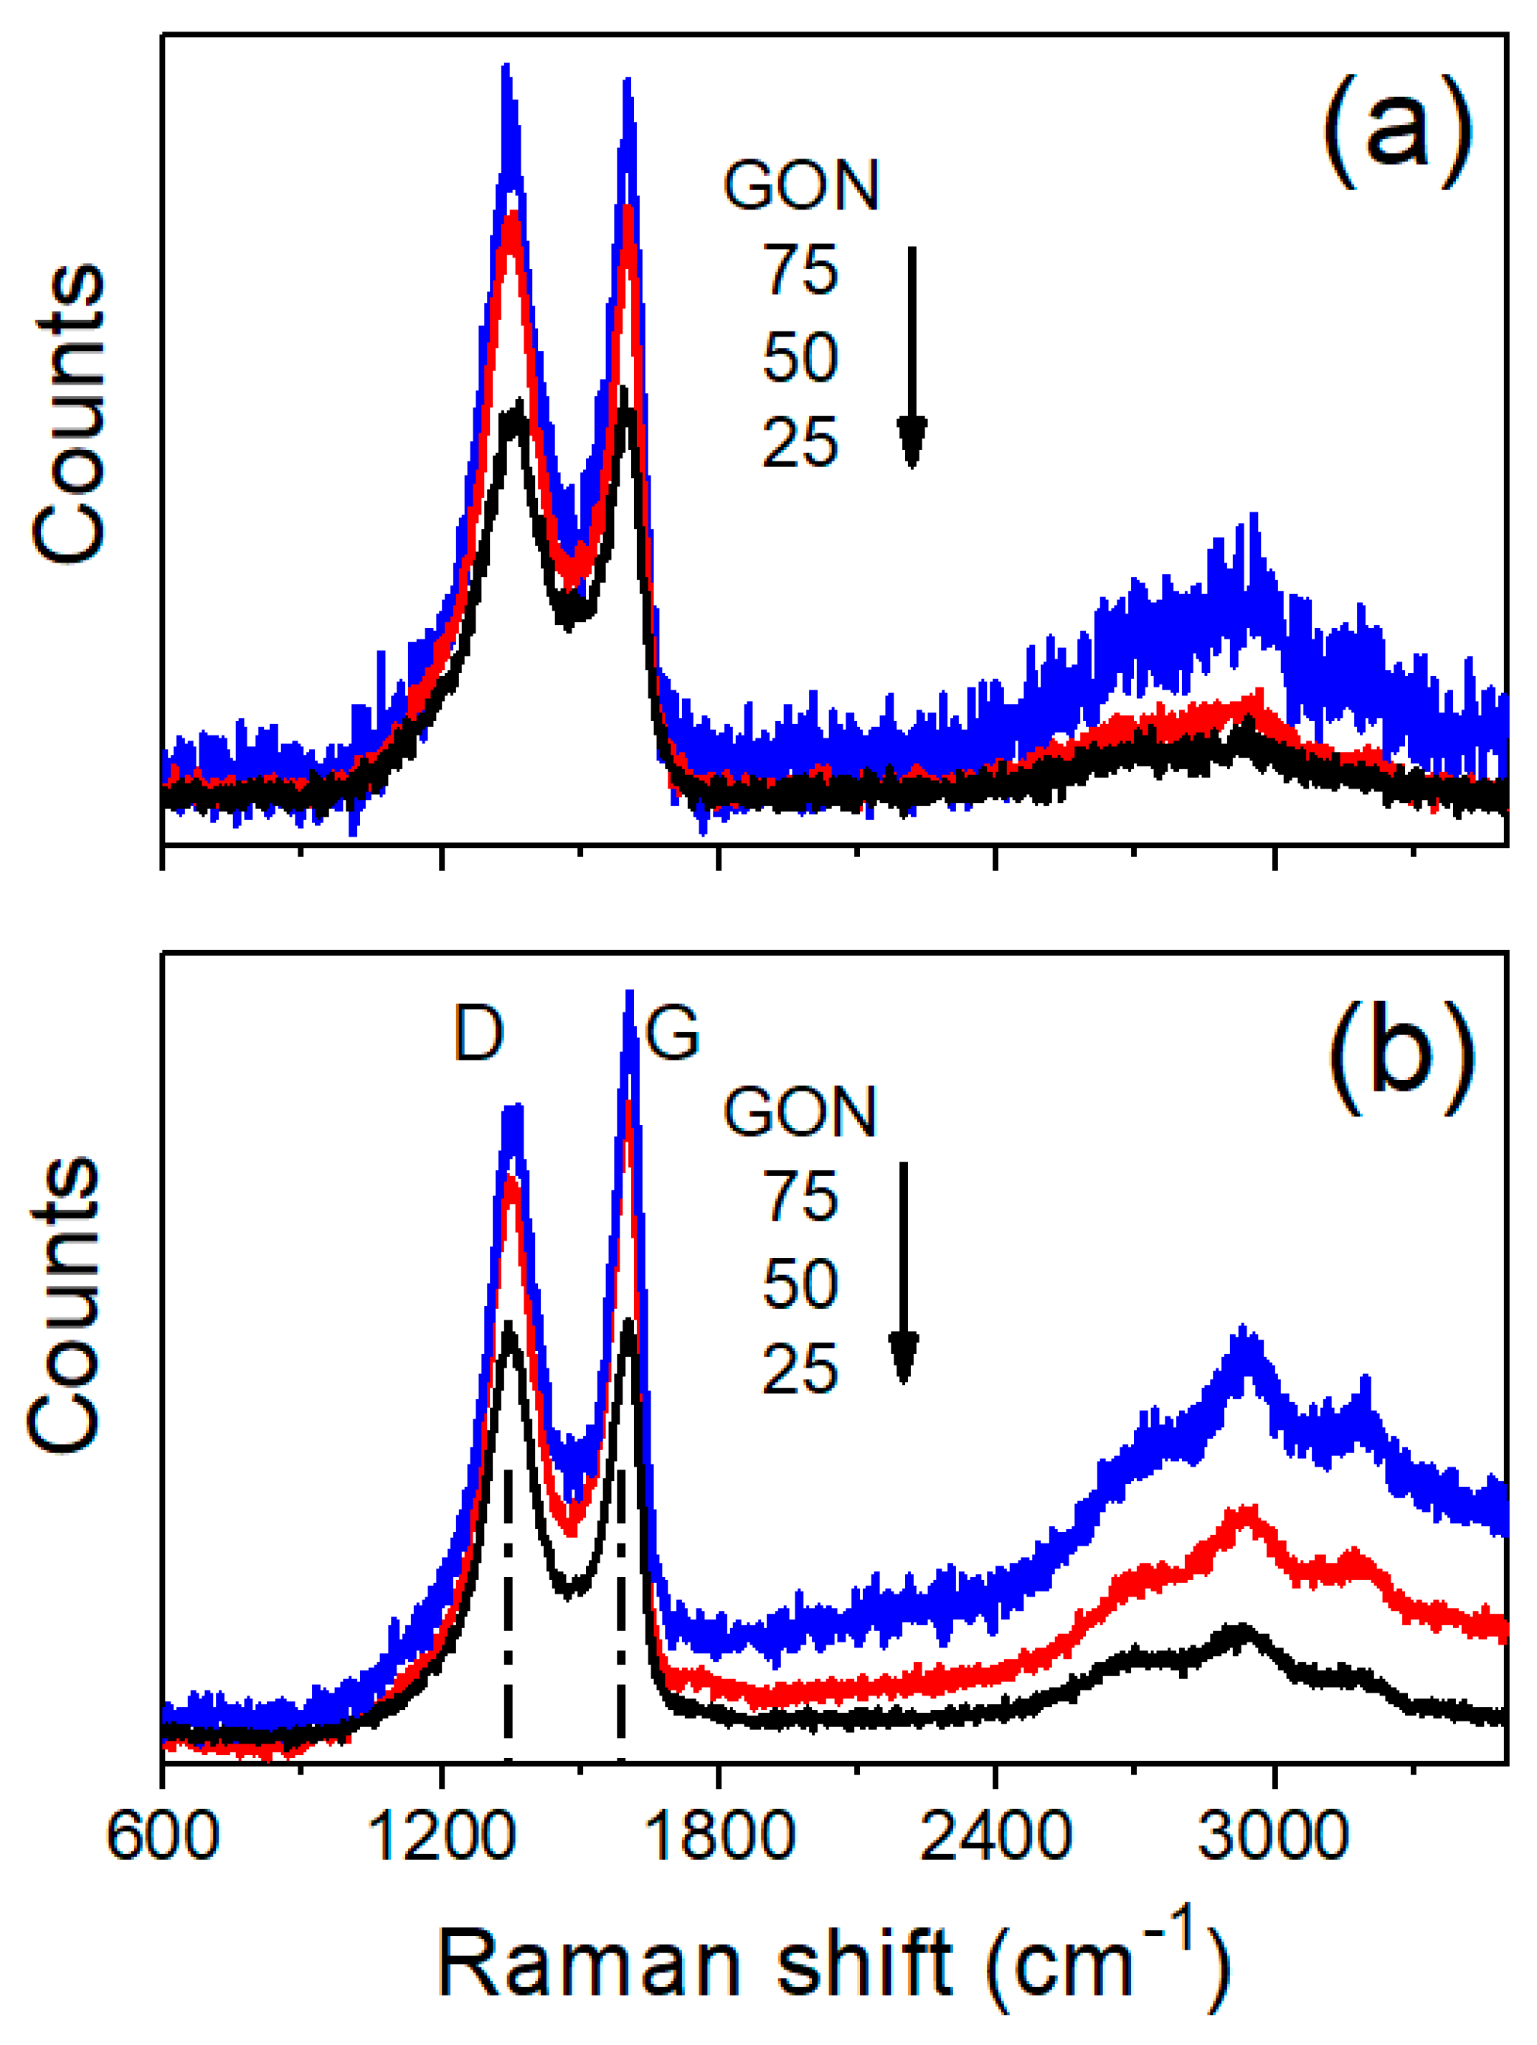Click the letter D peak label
pos(479,1033)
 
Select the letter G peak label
pos(672,1033)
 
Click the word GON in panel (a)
pos(800,186)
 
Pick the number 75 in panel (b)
pos(800,1198)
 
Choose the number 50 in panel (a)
pos(800,357)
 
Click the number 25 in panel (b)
pos(800,1369)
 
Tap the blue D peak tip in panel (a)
pos(506,70)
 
